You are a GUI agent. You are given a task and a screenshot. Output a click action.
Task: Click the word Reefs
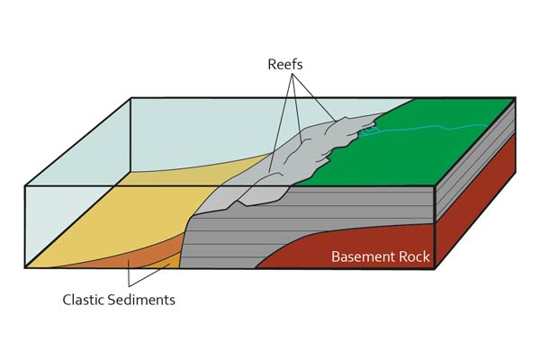point(285,65)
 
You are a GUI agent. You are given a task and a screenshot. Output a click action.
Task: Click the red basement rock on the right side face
point(477,207)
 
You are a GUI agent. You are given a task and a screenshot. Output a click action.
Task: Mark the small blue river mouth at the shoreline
point(367,132)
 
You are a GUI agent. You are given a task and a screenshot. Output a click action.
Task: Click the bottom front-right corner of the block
point(436,268)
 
